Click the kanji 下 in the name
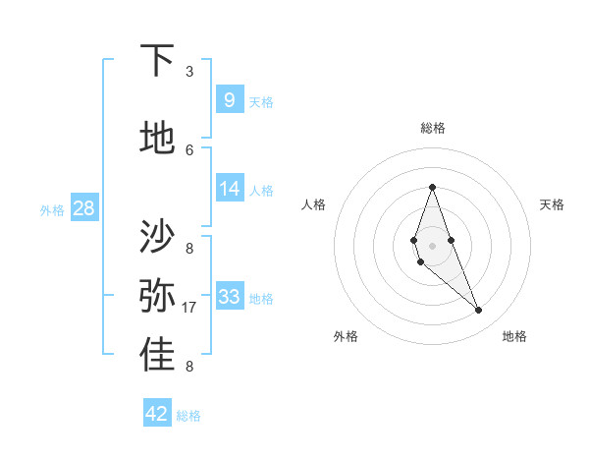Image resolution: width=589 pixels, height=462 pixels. (158, 61)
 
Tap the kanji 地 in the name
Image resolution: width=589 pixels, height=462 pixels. (158, 138)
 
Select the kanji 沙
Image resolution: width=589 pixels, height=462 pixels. (158, 237)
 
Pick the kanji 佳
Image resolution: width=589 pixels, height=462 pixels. (158, 356)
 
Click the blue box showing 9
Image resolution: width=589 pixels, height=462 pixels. (229, 99)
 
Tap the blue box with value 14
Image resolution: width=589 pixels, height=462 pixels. (229, 189)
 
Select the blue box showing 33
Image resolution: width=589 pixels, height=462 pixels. (229, 297)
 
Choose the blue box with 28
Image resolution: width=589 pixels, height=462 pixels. (83, 208)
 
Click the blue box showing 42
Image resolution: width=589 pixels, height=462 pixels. (157, 414)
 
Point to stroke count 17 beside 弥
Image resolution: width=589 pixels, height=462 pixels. (190, 308)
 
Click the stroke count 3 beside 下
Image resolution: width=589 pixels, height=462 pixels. (189, 72)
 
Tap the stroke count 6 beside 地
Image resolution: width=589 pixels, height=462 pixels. (189, 149)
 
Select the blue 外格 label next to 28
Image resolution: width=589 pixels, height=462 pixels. (51, 209)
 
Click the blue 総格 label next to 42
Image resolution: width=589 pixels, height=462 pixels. (188, 416)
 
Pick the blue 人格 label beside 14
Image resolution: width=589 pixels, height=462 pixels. (261, 191)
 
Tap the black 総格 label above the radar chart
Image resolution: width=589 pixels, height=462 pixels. (432, 128)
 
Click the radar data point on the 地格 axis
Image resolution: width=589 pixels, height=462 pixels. (479, 311)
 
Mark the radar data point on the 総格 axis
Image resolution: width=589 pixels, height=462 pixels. (432, 187)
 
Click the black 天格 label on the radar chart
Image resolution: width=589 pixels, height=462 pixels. (553, 204)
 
